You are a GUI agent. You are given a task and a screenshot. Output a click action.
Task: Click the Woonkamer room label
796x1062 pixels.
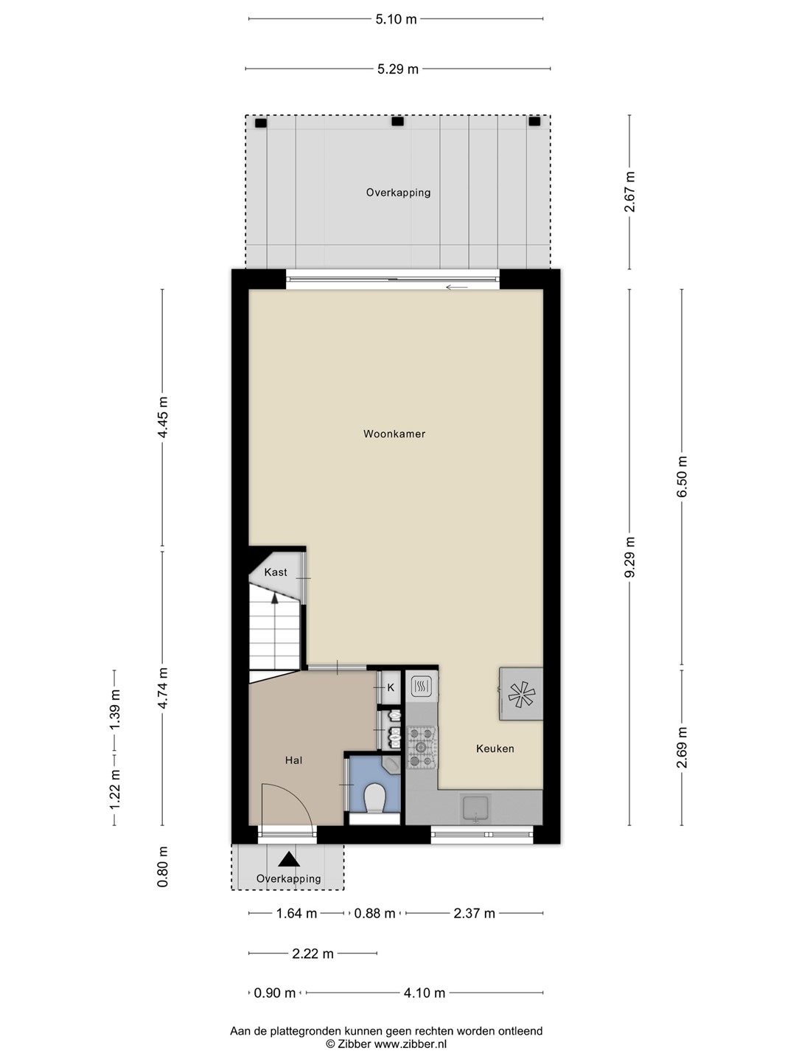click(394, 434)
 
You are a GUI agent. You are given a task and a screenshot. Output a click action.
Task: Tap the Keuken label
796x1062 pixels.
click(495, 749)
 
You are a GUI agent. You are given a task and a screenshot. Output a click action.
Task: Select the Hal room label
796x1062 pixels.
click(293, 760)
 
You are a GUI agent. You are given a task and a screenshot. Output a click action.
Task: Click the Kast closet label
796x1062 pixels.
click(276, 572)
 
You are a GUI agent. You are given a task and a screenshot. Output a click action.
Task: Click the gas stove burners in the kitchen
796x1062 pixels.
click(421, 748)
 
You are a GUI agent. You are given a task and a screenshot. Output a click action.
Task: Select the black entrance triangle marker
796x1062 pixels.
click(288, 858)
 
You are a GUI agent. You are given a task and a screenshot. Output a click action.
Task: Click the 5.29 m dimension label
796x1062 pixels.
click(398, 69)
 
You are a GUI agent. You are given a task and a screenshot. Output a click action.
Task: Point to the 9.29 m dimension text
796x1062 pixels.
click(629, 557)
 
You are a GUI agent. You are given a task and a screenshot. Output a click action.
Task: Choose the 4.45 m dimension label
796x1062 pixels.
click(162, 417)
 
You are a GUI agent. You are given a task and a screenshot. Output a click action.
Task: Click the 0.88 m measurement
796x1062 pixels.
click(374, 914)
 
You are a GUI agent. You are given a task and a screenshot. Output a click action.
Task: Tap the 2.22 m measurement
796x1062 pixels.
click(313, 954)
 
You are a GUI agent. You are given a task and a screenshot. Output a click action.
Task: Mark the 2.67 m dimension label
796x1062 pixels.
click(629, 192)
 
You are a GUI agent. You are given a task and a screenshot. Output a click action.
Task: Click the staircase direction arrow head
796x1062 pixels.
click(274, 598)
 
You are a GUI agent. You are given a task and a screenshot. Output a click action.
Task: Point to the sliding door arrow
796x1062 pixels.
click(457, 288)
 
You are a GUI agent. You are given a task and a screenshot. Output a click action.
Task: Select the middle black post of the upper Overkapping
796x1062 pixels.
click(397, 121)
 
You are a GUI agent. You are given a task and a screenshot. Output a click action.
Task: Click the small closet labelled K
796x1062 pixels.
click(391, 687)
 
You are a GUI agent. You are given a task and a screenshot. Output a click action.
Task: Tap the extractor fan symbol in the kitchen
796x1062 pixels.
click(521, 694)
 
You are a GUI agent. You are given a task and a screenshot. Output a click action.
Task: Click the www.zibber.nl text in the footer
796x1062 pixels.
click(411, 1044)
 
